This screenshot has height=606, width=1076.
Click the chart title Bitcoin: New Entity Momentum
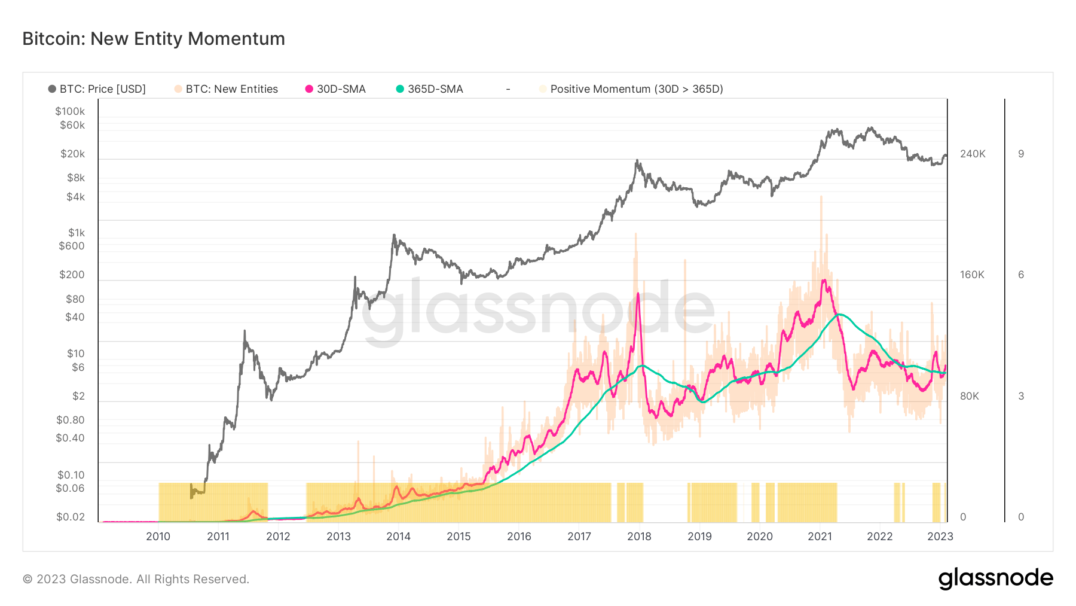point(154,39)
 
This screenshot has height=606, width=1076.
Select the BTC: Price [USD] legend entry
point(97,89)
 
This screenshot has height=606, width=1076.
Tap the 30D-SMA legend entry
point(335,89)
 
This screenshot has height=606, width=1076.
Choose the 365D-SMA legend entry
point(430,89)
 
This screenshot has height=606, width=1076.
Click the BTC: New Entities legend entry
point(227,89)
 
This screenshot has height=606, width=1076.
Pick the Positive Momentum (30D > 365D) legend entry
point(631,89)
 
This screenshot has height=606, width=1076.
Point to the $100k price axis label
point(70,111)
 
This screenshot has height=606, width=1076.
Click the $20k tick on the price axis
point(72,154)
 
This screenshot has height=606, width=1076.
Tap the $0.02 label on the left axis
point(71,517)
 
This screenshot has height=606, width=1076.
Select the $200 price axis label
point(72,275)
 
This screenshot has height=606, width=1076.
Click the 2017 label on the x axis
point(579,537)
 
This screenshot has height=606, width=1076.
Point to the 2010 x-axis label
point(158,537)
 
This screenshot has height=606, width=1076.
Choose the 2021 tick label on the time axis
point(820,537)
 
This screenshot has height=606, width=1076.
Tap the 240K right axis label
point(973,154)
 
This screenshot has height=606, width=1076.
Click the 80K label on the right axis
point(970,396)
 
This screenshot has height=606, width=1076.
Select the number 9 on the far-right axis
point(1021,154)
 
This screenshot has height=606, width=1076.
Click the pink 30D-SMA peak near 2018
point(638,294)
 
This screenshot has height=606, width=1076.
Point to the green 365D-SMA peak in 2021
point(840,314)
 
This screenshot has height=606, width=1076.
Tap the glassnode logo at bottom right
point(995,578)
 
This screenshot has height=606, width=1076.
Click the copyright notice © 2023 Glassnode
point(136,579)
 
